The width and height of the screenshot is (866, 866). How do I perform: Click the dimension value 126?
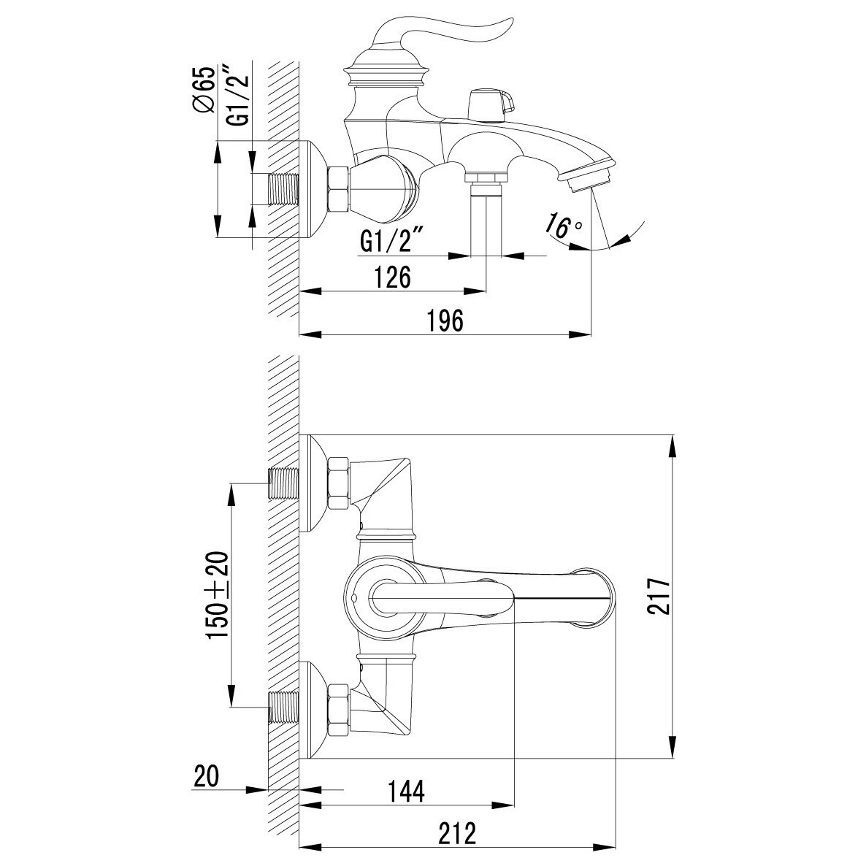tap(392, 277)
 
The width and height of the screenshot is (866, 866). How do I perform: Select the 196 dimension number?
tap(445, 321)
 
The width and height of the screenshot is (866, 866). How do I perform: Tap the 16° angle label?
tap(563, 226)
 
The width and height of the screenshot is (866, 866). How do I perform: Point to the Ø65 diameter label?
tap(204, 90)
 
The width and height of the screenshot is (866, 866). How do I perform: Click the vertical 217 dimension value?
tap(658, 597)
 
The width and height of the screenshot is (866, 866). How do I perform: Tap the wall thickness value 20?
tap(207, 776)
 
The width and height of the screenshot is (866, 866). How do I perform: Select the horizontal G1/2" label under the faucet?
tap(391, 242)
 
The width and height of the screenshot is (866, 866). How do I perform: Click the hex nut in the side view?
tap(339, 188)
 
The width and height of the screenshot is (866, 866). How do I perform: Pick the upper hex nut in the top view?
tap(339, 483)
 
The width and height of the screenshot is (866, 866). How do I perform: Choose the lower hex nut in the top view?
tap(339, 710)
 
